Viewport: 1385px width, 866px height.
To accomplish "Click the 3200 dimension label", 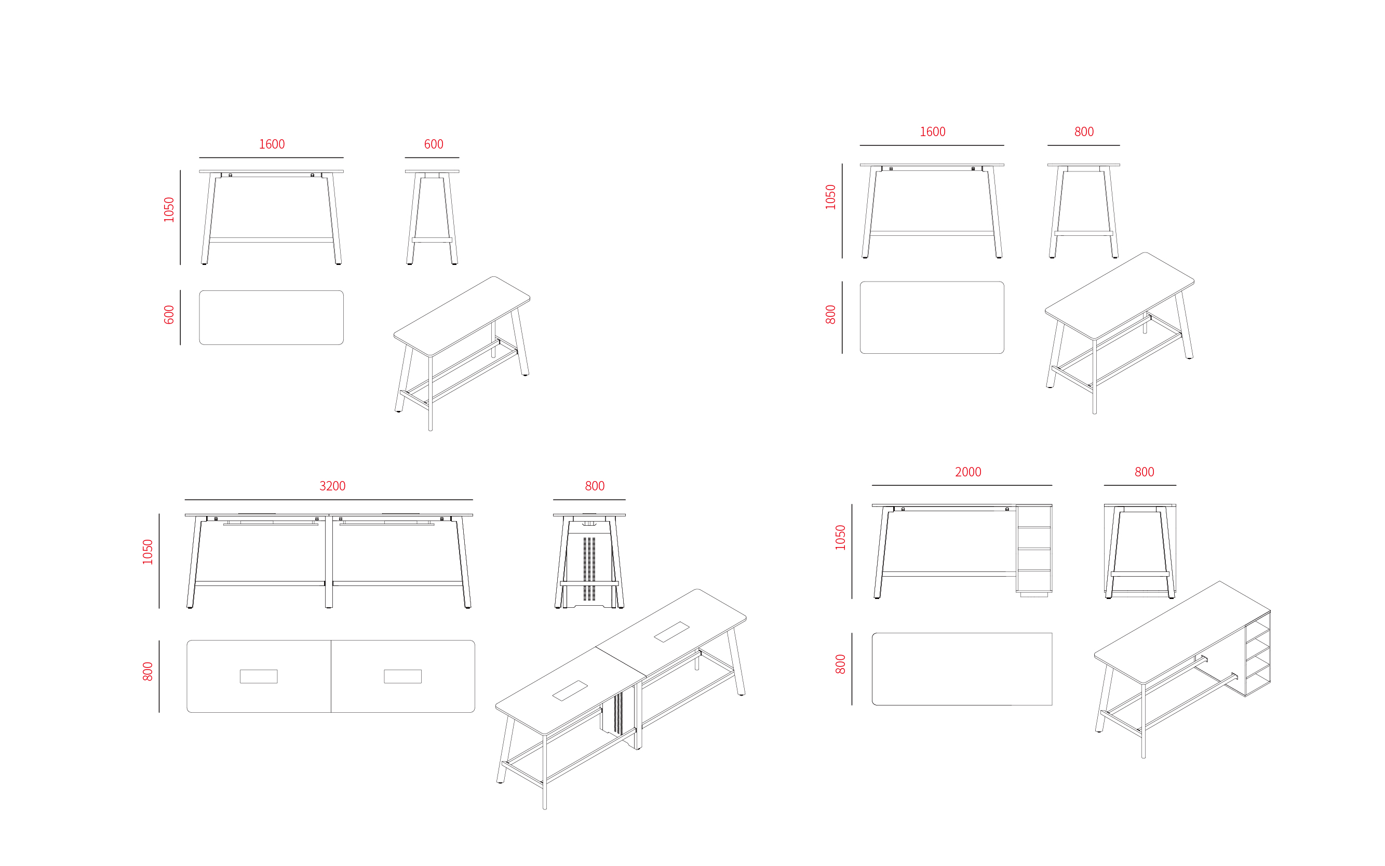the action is tap(332, 486).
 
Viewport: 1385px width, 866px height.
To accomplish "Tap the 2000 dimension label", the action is tap(967, 472).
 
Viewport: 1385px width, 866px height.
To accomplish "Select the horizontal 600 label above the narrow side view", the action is tap(434, 144).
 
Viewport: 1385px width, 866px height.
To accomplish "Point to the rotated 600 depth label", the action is tap(169, 315).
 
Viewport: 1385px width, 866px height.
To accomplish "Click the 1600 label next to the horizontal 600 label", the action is tap(272, 144).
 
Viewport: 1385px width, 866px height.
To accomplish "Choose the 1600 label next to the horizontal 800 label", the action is tap(932, 132).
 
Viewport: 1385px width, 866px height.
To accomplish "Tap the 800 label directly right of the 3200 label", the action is tap(594, 486).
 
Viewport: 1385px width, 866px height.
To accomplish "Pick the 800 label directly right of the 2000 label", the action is tap(1144, 472).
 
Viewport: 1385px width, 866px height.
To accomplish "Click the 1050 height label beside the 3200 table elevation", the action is tap(147, 552).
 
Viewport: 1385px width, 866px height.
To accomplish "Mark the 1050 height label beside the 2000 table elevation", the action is tap(840, 538).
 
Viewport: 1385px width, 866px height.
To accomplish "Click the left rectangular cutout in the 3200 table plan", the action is tap(259, 676).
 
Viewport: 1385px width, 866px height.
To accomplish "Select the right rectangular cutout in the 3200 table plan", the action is tap(402, 676).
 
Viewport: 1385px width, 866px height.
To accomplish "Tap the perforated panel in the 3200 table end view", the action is tap(589, 569).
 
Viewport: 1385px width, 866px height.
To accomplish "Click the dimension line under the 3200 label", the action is tap(329, 500).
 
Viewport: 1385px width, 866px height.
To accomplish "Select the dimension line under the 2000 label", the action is tap(962, 485).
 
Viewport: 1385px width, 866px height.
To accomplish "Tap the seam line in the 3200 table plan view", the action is tap(331, 676).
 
